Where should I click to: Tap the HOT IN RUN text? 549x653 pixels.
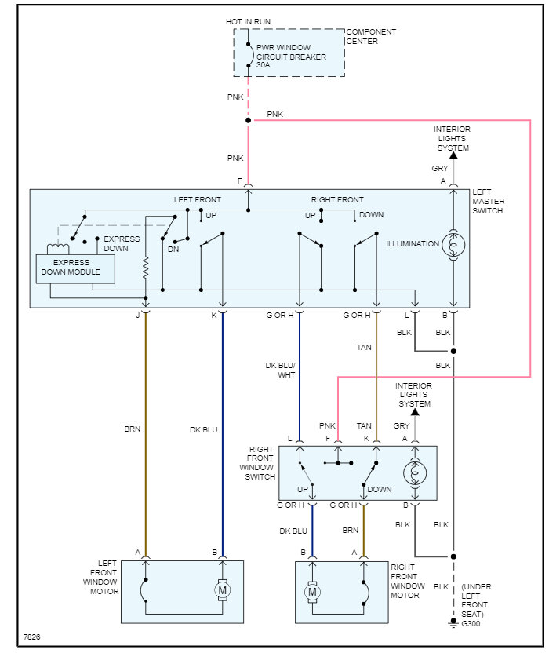coord(249,22)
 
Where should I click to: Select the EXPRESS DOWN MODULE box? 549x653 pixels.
coord(75,268)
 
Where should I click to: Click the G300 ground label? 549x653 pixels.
coord(472,624)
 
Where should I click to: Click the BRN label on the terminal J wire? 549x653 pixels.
coord(132,429)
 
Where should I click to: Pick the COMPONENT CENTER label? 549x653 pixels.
coord(371,37)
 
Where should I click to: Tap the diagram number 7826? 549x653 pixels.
coord(31,637)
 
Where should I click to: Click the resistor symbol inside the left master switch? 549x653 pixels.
coord(146,268)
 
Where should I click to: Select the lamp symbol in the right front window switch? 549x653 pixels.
coord(415,473)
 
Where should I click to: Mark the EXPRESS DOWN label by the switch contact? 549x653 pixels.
coord(122,243)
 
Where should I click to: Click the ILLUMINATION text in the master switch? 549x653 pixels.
coord(412,244)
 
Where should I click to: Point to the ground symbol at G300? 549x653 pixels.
coord(453,624)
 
